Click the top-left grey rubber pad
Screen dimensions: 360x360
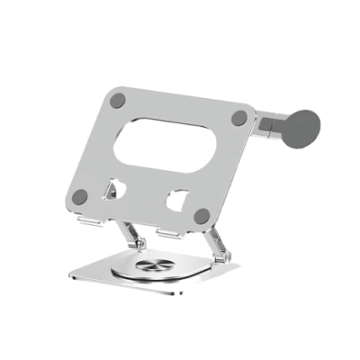point(117,100)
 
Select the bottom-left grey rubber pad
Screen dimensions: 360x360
point(81,196)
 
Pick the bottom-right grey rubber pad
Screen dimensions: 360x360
point(202,216)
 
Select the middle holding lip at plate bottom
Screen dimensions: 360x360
point(169,233)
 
